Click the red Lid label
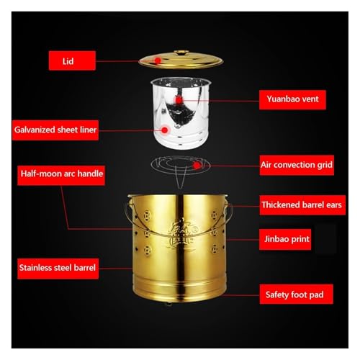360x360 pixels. [69, 61]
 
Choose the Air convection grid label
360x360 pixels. [296, 165]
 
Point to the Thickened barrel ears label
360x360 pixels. [296, 204]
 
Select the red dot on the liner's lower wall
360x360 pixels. [166, 130]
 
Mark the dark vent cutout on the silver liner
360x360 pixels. [173, 112]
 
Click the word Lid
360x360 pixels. [69, 61]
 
